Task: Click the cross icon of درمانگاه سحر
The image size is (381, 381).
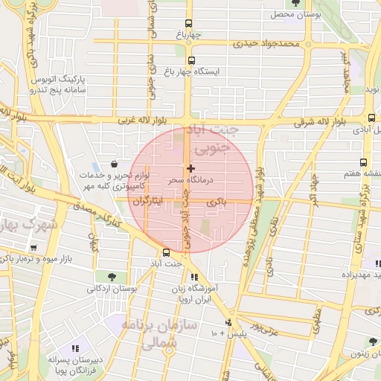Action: tap(191, 168)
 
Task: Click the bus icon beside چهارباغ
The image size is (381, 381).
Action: tap(188, 23)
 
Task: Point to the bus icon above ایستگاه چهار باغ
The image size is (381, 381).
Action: tap(191, 60)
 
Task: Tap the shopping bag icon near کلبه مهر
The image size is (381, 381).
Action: tap(112, 163)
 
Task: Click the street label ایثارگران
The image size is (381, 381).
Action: tap(148, 202)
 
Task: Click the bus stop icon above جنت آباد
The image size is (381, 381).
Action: tap(166, 252)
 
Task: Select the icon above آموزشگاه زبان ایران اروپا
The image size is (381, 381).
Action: tap(195, 277)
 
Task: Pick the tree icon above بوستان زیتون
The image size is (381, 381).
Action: tap(373, 342)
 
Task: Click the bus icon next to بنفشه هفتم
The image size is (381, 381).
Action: tap(363, 162)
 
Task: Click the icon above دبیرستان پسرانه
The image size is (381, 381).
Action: tap(74, 348)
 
